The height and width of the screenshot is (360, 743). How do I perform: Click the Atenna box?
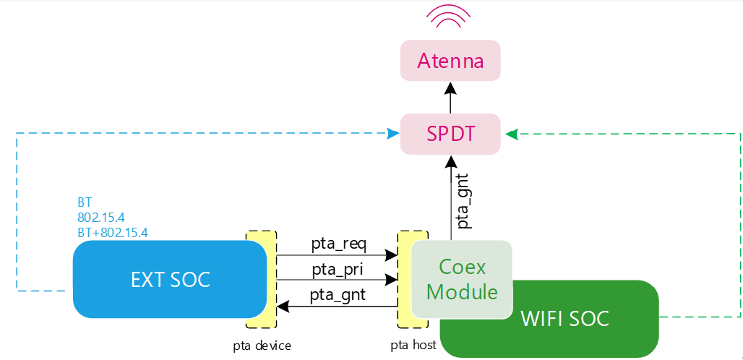[450, 61]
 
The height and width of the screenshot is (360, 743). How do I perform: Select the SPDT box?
[450, 134]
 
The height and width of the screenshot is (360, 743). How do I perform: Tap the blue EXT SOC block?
[171, 279]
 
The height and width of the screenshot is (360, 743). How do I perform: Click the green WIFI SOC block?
[564, 318]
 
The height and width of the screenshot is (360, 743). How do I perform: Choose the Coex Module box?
[462, 279]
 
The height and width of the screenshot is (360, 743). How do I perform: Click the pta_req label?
[338, 243]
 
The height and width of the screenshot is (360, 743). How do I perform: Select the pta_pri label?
[338, 269]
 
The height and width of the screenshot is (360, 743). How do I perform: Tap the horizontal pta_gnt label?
[337, 294]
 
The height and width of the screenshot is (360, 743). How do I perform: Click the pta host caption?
[413, 346]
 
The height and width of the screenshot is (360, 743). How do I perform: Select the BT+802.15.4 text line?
[112, 232]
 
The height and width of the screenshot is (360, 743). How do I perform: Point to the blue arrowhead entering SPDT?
[393, 134]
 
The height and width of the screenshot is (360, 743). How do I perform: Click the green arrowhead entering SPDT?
[511, 134]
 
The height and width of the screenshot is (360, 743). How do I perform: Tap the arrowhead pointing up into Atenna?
[450, 88]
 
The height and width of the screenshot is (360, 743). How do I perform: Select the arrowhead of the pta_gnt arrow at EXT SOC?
[283, 306]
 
